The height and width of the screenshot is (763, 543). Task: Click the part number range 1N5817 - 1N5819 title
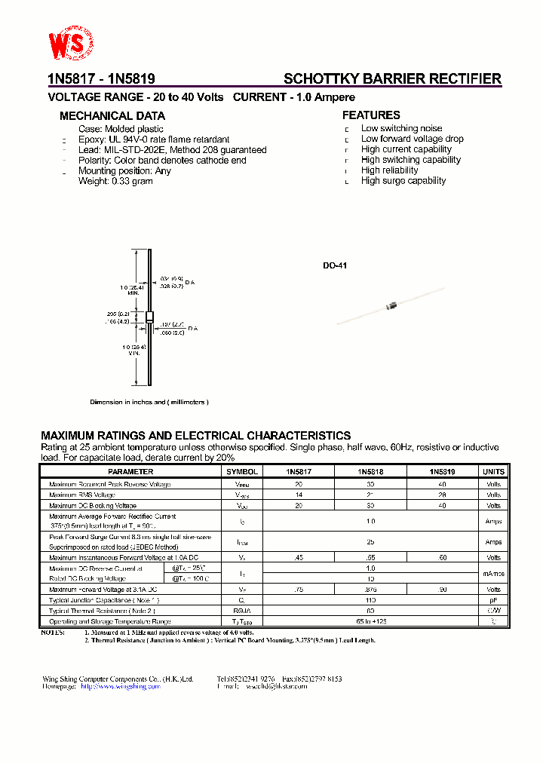(101, 78)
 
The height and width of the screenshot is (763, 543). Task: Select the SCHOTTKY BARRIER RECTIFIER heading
(392, 78)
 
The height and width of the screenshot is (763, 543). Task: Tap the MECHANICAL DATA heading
(112, 116)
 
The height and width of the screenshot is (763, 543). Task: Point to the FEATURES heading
(371, 115)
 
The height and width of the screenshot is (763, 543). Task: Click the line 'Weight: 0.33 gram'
(115, 182)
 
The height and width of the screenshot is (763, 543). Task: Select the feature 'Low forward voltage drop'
(412, 139)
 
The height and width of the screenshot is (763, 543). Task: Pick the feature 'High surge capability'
(403, 181)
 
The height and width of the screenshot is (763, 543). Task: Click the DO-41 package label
(335, 266)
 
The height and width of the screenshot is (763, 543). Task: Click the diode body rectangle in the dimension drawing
(149, 317)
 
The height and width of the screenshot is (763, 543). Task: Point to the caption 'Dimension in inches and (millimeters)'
(149, 403)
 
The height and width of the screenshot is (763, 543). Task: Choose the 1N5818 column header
(370, 472)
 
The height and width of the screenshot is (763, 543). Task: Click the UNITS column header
(493, 472)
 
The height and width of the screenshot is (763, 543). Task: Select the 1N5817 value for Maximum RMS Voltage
(299, 495)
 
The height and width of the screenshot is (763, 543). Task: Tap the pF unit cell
(493, 600)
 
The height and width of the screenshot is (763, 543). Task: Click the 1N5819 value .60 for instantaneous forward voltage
(442, 558)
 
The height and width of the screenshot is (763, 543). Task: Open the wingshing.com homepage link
(121, 687)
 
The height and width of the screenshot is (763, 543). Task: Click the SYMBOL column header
(242, 472)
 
